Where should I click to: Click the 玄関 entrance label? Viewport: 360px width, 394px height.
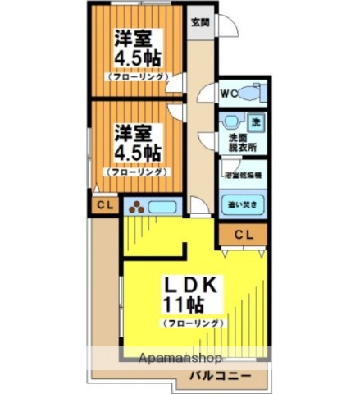click(199, 22)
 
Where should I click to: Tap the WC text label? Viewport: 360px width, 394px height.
click(229, 93)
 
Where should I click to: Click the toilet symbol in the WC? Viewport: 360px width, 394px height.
click(256, 92)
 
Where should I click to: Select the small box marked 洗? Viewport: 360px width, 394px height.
click(256, 121)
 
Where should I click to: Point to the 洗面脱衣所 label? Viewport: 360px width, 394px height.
click(242, 142)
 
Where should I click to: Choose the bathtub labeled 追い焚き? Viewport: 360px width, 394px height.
click(243, 203)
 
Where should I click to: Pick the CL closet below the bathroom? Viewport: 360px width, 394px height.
click(244, 234)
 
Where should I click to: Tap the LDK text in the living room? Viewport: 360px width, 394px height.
click(194, 284)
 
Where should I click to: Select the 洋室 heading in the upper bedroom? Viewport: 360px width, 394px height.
click(133, 38)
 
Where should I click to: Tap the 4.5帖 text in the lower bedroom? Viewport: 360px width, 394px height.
click(136, 153)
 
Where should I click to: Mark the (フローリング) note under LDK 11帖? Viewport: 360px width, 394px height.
click(194, 324)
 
